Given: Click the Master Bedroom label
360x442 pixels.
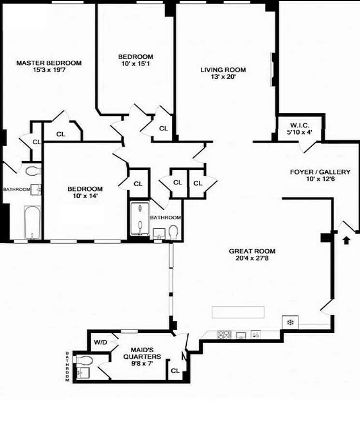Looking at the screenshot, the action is click(49, 63).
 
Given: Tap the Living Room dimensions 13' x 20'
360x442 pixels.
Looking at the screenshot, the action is click(223, 77).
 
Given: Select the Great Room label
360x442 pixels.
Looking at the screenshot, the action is click(252, 251).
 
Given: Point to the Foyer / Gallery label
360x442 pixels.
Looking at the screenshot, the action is click(320, 172).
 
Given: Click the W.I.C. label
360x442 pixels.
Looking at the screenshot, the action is click(300, 125).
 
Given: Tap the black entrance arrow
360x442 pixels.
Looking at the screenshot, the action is click(346, 240).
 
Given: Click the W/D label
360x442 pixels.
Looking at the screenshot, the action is click(100, 343).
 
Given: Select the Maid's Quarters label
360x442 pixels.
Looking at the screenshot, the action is click(142, 353).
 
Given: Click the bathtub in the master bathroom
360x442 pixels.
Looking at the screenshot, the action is click(32, 223).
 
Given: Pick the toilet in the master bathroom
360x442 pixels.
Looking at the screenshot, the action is click(33, 171).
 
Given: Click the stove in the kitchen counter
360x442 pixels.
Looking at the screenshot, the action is click(224, 335).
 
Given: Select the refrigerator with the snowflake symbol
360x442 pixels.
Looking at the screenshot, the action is click(290, 322).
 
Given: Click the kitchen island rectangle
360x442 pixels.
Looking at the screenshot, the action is click(238, 312).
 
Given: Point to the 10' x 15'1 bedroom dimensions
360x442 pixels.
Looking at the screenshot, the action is click(136, 64).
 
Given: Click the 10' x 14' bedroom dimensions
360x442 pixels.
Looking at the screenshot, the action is click(85, 195).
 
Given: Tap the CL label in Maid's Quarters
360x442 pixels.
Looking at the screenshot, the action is click(175, 371).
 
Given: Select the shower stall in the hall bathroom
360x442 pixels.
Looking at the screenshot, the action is click(140, 218).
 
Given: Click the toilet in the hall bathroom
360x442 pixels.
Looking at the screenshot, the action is click(173, 232).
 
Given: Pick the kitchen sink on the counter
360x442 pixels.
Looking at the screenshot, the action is click(241, 335).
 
